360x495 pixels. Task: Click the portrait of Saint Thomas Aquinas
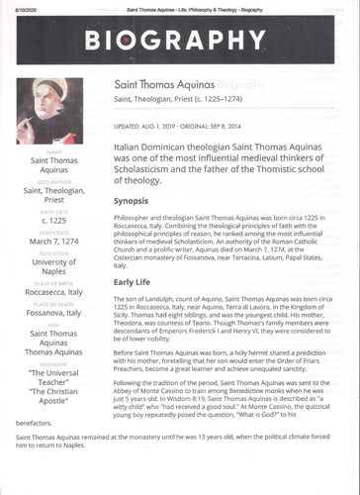50,111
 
